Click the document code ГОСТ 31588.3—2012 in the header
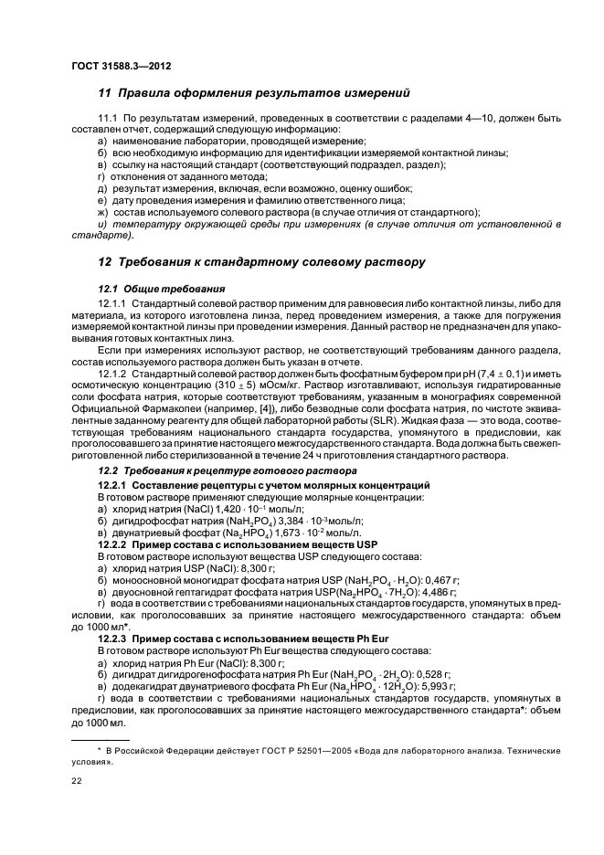tap(121, 67)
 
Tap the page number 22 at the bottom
tap(77, 782)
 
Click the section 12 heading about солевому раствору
tap(261, 262)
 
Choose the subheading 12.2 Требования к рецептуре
tap(205, 470)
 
